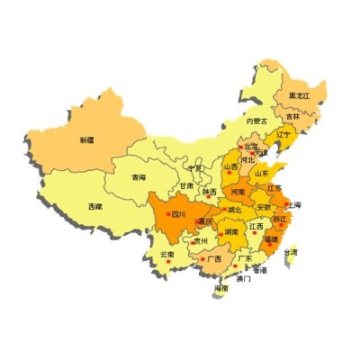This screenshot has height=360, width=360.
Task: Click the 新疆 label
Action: [x=86, y=140]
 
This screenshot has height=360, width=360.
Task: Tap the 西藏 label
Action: [x=94, y=207]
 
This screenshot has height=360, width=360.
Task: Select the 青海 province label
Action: [x=138, y=178]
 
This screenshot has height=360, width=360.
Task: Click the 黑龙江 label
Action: [x=299, y=95]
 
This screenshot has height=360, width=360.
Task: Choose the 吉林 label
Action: [x=293, y=117]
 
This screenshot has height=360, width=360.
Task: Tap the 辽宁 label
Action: [x=283, y=135]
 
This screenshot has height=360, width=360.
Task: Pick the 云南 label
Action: [x=167, y=255]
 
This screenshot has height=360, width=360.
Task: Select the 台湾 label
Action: [x=292, y=253]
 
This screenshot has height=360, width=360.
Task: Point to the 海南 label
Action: [x=221, y=289]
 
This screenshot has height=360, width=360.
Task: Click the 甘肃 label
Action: [x=185, y=186]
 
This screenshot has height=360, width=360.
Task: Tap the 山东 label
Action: [x=261, y=173]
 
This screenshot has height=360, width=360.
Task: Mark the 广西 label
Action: [x=214, y=259]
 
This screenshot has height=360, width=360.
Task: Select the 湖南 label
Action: [x=232, y=232]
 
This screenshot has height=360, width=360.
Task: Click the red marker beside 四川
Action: [x=166, y=214]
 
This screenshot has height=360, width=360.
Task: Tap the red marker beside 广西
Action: [x=202, y=259]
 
